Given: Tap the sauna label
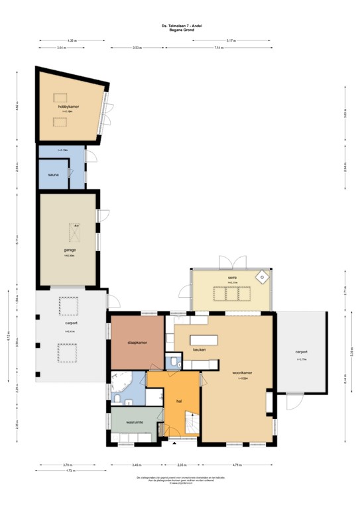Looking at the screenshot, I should tap(53, 174).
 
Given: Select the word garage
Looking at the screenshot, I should tap(70, 251).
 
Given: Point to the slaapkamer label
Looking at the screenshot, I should tap(137, 342).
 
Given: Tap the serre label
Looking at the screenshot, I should tap(232, 277).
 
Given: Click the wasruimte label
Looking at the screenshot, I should tap(136, 422).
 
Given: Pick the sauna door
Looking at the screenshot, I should tap(69, 173).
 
